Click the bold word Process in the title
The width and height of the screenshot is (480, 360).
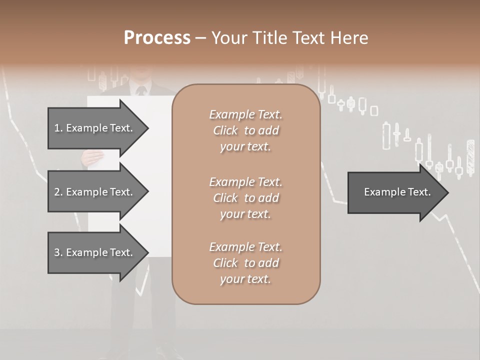click(x=157, y=38)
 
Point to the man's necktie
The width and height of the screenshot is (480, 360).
click(x=141, y=91)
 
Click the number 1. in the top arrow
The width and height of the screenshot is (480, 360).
click(x=58, y=128)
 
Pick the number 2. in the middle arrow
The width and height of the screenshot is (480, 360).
click(x=58, y=192)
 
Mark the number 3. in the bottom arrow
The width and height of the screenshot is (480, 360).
click(x=58, y=252)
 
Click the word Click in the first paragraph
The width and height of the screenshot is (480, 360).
click(x=225, y=131)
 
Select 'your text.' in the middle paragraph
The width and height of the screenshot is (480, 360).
click(x=245, y=214)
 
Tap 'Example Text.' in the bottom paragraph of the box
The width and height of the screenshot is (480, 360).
click(x=245, y=247)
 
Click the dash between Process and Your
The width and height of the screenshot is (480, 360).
click(x=200, y=38)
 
